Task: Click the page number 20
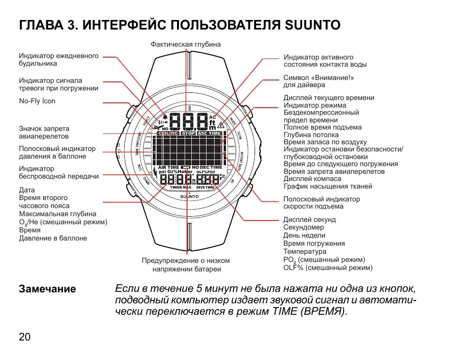click(25, 337)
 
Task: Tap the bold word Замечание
click(47, 289)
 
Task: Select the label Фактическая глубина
click(186, 44)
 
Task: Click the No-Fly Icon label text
click(37, 101)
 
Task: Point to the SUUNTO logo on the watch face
click(189, 196)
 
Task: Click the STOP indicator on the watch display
click(189, 133)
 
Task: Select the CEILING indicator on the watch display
click(168, 133)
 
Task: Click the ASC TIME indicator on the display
click(209, 133)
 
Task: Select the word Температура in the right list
click(305, 251)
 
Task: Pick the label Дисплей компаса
click(312, 179)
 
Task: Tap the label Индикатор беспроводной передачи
click(59, 172)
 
